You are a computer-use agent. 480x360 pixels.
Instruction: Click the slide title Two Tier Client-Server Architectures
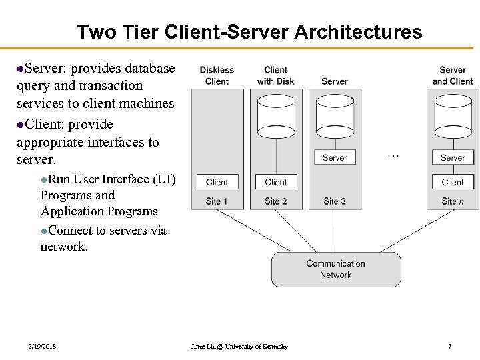pyautogui.click(x=249, y=31)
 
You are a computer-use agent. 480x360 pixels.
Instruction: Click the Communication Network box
pyautogui.click(x=336, y=269)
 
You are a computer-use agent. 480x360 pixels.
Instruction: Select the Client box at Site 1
pyautogui.click(x=217, y=182)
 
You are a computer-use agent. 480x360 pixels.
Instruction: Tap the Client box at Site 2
pyautogui.click(x=275, y=182)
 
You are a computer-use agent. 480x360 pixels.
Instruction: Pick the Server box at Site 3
pyautogui.click(x=335, y=158)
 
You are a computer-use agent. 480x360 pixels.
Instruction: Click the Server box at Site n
pyautogui.click(x=453, y=158)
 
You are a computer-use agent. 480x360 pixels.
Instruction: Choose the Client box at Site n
pyautogui.click(x=453, y=182)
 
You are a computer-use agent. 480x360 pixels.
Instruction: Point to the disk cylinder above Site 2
pyautogui.click(x=275, y=117)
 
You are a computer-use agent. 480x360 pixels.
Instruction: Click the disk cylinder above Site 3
pyautogui.click(x=335, y=117)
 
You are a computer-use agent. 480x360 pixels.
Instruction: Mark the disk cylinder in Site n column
pyautogui.click(x=453, y=117)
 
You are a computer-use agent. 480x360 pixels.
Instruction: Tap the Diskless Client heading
pyautogui.click(x=217, y=75)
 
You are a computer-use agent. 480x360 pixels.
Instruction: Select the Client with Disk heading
pyautogui.click(x=275, y=75)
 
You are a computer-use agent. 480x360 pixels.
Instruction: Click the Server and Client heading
pyautogui.click(x=453, y=75)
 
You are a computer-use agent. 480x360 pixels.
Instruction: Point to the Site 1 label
pyautogui.click(x=217, y=201)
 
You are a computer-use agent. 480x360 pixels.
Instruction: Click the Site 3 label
pyautogui.click(x=335, y=201)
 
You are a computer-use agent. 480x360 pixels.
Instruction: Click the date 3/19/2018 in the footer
pyautogui.click(x=42, y=347)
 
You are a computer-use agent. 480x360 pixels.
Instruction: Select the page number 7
pyautogui.click(x=449, y=347)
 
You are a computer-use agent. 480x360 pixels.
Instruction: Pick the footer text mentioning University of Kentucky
pyautogui.click(x=239, y=347)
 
